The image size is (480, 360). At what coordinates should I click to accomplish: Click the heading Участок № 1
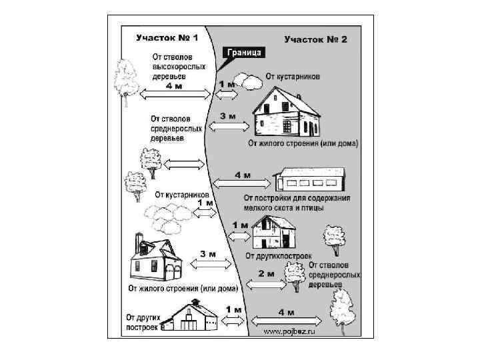coord(161,39)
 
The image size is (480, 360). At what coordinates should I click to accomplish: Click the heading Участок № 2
coord(315,39)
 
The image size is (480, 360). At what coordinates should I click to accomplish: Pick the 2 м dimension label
coord(266,273)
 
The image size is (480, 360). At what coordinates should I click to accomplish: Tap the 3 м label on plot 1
coord(207,254)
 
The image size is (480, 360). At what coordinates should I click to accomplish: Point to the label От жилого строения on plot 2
coord(303,143)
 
